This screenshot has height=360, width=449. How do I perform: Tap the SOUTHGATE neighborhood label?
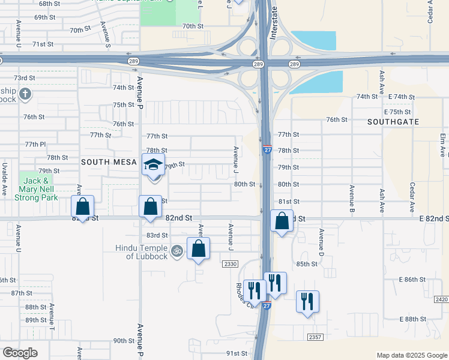tap(393, 121)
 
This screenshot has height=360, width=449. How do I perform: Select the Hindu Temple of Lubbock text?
tap(143, 252)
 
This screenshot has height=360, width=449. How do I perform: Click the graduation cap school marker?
tap(153, 164)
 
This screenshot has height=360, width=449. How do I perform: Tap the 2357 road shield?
tap(315, 337)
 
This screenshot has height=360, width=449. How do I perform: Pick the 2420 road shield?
tap(441, 299)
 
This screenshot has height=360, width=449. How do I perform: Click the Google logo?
tap(20, 353)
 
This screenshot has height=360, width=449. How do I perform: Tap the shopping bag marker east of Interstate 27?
tap(282, 221)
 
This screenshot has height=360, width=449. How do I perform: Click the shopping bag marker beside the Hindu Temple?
tap(198, 248)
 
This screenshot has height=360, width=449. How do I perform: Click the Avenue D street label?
tap(322, 239)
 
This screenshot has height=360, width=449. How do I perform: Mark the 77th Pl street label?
tap(35, 145)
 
